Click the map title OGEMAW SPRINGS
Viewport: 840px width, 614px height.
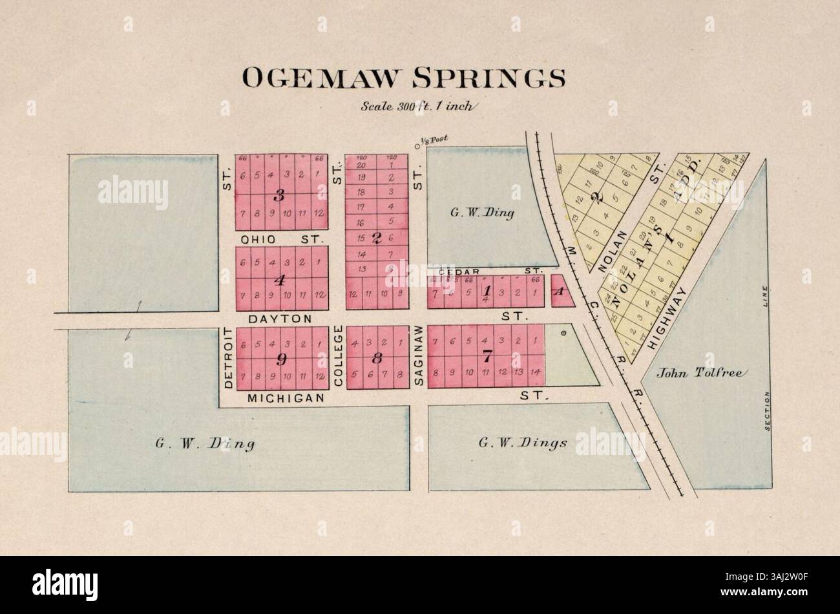(403, 78)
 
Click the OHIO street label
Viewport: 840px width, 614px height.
(258, 239)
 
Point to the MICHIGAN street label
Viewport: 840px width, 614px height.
(285, 399)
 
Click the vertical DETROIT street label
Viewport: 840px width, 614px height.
(228, 357)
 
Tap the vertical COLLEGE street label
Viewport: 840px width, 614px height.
(337, 356)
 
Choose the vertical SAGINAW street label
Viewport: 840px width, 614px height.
(418, 356)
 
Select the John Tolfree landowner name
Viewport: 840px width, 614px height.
(702, 372)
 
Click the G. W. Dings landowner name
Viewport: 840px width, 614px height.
(523, 443)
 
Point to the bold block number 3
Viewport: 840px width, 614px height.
(280, 195)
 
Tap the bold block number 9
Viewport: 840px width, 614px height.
(280, 359)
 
